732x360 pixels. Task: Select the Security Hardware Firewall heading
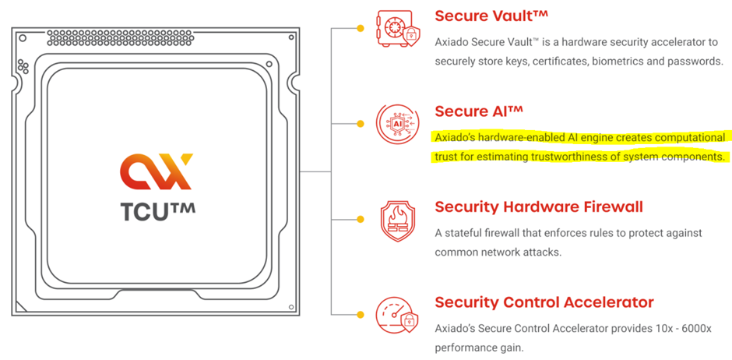(x=539, y=206)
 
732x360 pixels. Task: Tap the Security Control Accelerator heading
(x=544, y=302)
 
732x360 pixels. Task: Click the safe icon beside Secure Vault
(x=395, y=29)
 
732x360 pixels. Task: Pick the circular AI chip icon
(x=395, y=124)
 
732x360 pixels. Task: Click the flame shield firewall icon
(x=395, y=220)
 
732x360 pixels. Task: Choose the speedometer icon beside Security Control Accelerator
(x=395, y=316)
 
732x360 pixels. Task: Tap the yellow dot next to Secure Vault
(x=360, y=28)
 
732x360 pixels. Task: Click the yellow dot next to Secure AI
(x=360, y=124)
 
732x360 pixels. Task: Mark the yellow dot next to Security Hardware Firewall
(x=360, y=220)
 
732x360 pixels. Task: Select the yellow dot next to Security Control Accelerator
(x=360, y=316)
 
